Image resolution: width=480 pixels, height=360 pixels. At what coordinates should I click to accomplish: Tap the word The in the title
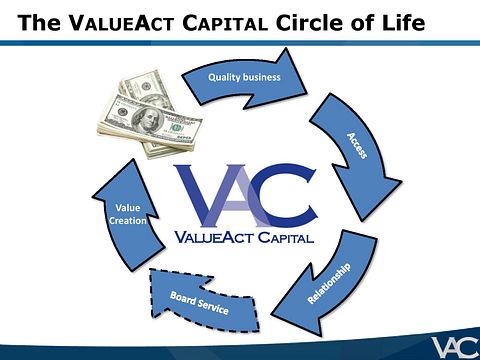click(x=38, y=21)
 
